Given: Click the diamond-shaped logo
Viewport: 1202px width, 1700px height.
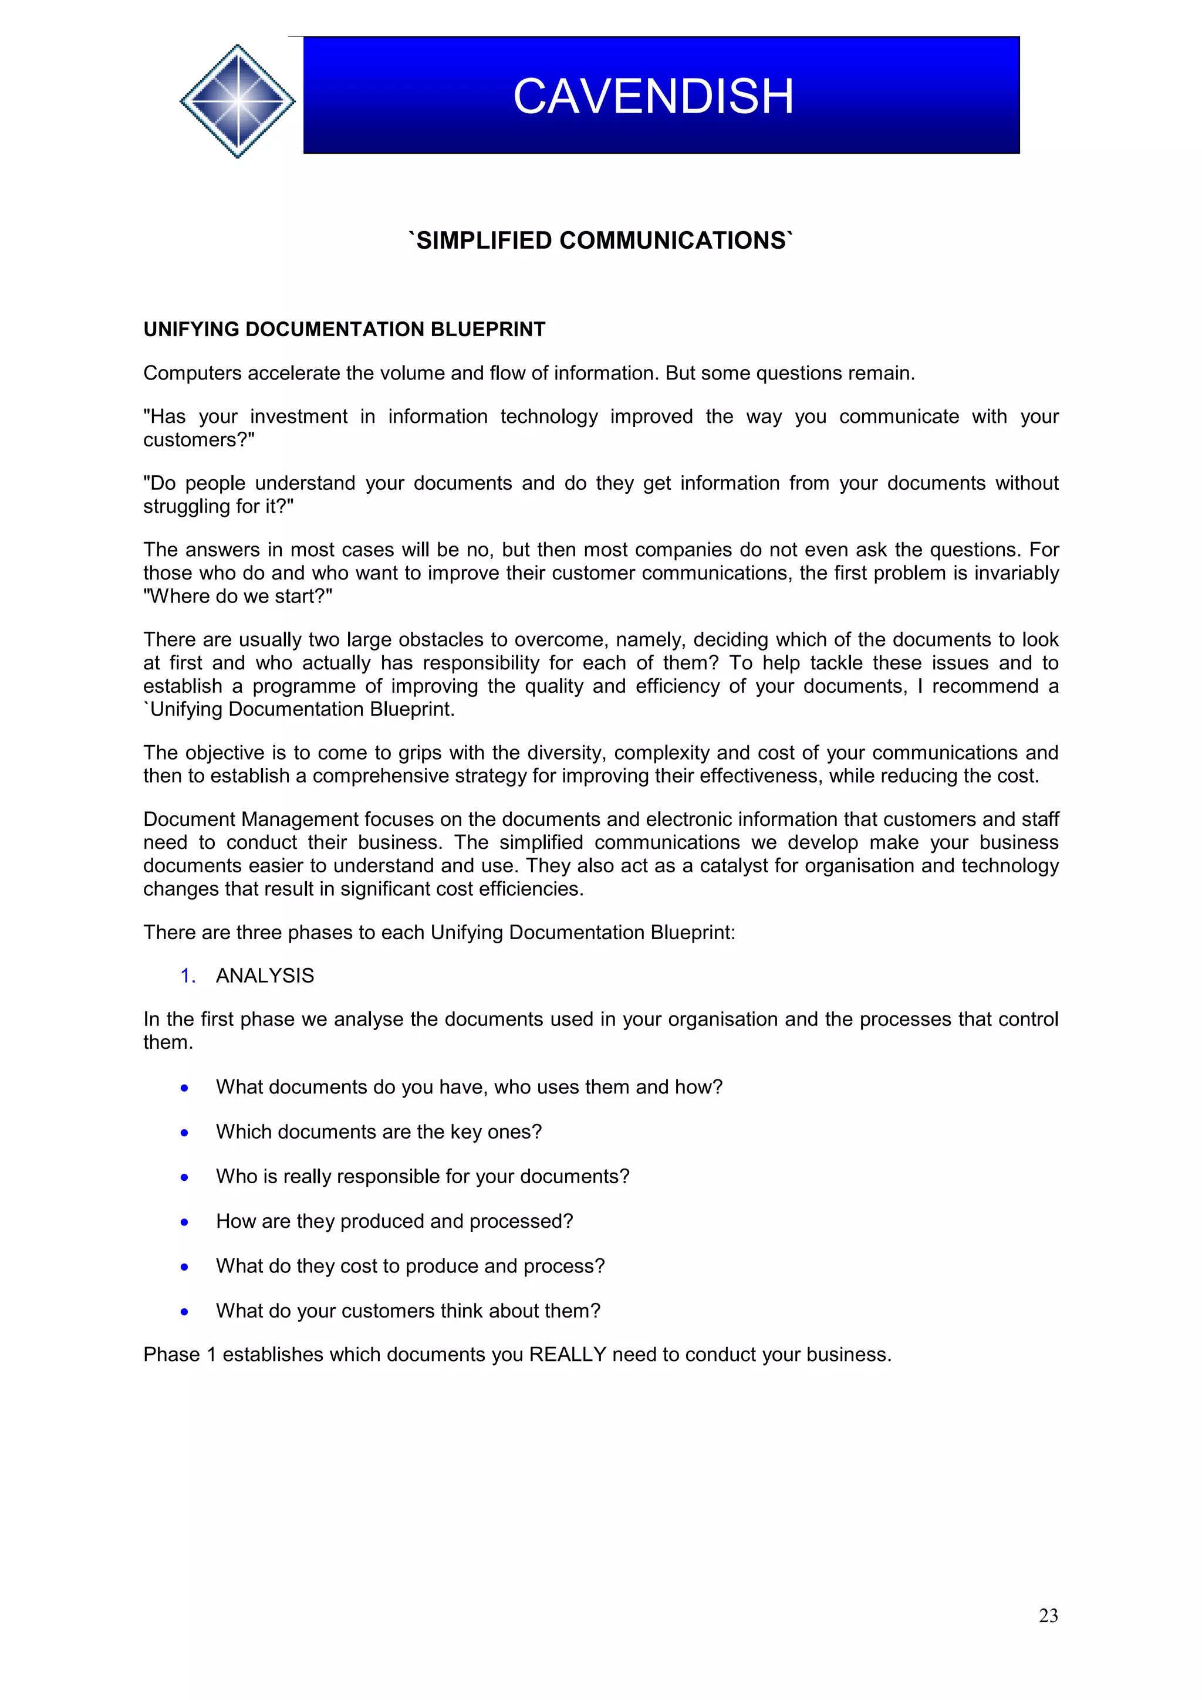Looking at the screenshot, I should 237,101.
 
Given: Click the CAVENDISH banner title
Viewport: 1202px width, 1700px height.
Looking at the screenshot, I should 653,96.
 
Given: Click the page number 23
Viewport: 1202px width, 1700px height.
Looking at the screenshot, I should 1048,1615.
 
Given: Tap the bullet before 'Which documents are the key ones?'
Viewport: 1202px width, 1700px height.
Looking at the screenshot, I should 184,1133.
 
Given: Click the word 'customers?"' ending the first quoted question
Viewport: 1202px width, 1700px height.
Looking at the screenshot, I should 198,440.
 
